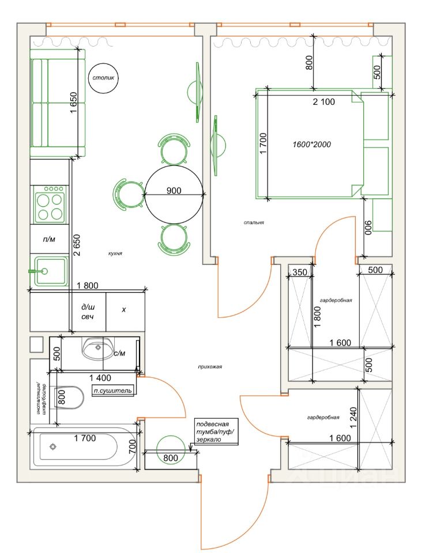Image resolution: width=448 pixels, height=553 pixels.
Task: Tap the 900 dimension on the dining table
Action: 174,191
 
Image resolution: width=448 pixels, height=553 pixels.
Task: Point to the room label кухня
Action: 115,253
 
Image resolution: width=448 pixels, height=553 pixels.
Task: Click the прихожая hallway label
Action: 209,366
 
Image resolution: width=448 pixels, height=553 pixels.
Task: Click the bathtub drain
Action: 54,446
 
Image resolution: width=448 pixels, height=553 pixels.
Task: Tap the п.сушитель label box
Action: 114,391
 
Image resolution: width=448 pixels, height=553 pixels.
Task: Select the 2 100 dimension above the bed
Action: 324,101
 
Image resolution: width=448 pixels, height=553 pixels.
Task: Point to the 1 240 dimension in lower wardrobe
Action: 353,416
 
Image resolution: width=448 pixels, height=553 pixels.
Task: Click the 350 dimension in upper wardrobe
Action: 300,272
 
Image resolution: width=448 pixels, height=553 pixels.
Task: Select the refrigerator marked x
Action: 124,309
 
